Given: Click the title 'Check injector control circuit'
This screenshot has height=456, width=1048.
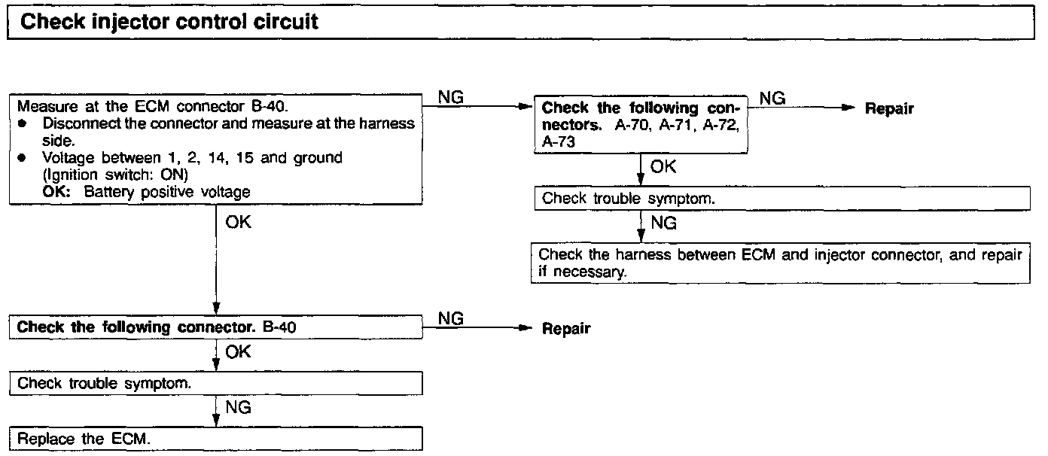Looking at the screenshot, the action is coord(169,22).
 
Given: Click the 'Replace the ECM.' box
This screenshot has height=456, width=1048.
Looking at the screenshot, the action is coord(216,439).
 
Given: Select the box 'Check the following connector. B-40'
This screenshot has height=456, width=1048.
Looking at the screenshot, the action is coord(216,327).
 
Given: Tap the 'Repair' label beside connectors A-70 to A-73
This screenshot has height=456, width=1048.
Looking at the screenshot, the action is coord(889,109).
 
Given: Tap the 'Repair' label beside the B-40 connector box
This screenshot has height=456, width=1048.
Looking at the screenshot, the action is coord(566,329).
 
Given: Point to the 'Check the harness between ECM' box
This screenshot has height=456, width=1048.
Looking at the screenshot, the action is coord(781,263).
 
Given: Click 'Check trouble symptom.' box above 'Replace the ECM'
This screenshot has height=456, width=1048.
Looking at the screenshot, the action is coord(216,383).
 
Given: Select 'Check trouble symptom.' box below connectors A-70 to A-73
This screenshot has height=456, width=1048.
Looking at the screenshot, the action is coord(781,199).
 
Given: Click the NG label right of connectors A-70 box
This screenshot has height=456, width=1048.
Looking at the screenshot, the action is coord(772,98).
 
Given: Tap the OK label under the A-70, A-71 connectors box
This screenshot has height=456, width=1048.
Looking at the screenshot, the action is coord(663,166).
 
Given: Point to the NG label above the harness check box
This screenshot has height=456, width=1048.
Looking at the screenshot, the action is coord(663,223).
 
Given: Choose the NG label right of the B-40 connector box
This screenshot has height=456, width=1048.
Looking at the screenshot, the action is coord(450,318).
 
